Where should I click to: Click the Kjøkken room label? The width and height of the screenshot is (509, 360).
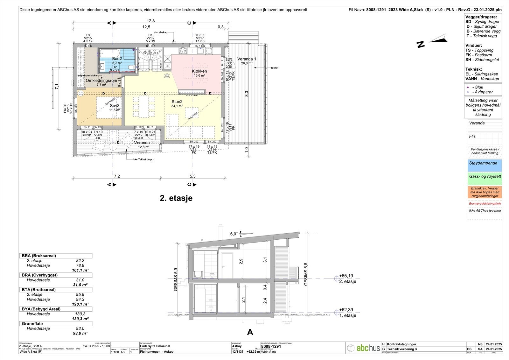[x=199, y=71]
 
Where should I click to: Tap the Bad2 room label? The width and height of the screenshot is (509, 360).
[x=117, y=59]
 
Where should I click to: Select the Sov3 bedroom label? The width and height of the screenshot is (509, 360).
[x=115, y=106]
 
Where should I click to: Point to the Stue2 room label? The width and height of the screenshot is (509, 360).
[x=177, y=102]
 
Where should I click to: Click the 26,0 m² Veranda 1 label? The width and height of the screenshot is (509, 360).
[x=247, y=59]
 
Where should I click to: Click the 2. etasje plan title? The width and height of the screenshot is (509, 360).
[x=176, y=198]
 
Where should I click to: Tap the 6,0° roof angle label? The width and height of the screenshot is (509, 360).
[x=234, y=234]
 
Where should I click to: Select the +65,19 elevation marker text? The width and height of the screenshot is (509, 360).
[x=346, y=276]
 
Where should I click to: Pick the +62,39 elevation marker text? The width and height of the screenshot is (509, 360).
[x=346, y=310]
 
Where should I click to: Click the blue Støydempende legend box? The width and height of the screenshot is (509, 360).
[x=485, y=165]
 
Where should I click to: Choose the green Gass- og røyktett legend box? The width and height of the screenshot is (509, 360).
[x=485, y=179]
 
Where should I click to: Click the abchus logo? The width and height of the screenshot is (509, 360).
[x=364, y=348]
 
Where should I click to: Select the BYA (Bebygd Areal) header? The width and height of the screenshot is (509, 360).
[x=41, y=309]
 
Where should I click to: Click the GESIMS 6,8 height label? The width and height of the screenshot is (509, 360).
[x=306, y=274]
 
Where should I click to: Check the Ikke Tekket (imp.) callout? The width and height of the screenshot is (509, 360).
[x=143, y=159]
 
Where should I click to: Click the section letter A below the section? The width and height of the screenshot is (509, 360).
[x=250, y=332]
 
